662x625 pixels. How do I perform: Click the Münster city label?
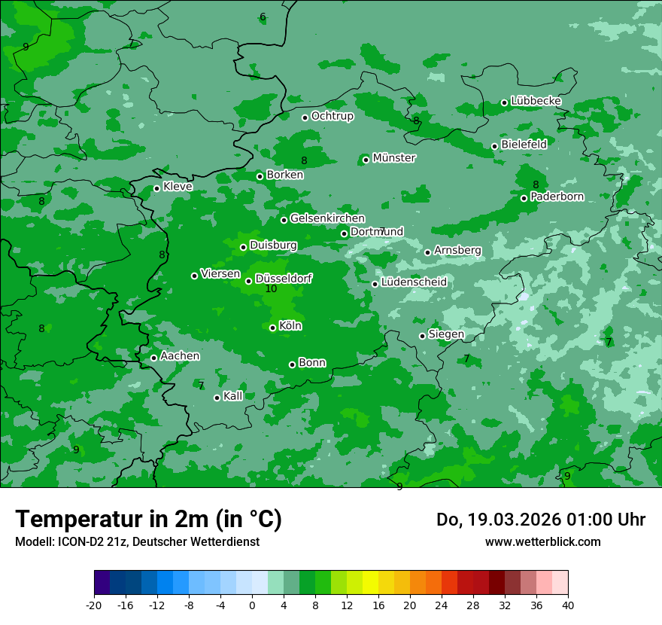pos(394,158)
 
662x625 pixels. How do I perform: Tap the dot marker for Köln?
pos(272,328)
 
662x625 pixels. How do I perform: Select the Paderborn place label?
pos(557,197)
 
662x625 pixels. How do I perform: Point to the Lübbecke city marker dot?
pos(504,102)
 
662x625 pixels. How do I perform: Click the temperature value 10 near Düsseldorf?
pos(272,288)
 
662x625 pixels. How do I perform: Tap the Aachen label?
pos(180,356)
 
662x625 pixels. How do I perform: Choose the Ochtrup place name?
pos(332,116)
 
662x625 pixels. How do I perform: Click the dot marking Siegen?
pos(422,336)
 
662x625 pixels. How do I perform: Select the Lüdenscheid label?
pos(414,282)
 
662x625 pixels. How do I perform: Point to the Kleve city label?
pos(178,187)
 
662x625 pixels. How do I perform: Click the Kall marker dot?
pos(217,398)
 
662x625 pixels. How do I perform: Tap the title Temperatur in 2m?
pos(148,519)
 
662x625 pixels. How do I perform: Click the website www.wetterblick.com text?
pos(542,541)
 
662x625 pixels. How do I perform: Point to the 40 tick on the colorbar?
pos(568,605)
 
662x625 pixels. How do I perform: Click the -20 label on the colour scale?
pos(94,605)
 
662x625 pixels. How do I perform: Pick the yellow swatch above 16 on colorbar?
pos(370,583)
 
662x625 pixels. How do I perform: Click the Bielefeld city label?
pos(524,144)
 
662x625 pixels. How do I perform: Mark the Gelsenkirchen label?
pos(327,218)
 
